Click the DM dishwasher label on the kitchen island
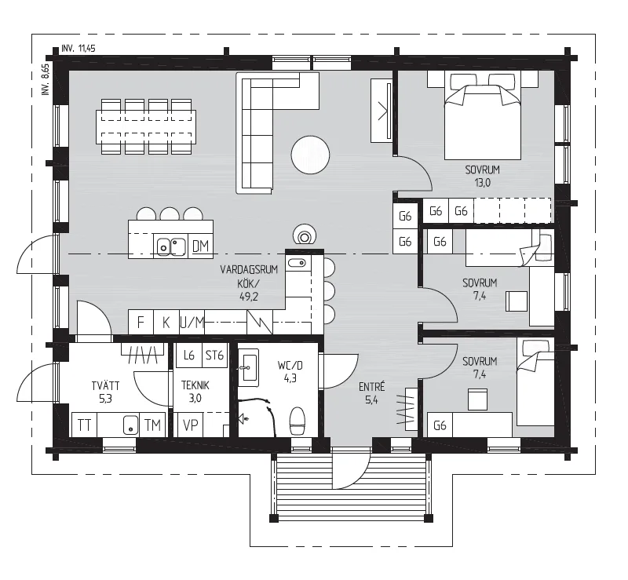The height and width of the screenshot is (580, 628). click(x=200, y=246)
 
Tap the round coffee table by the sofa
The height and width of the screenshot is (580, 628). click(x=310, y=155)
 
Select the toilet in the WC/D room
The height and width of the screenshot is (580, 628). click(x=298, y=421)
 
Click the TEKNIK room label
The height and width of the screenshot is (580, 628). click(x=195, y=385)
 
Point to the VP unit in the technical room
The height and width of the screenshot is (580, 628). click(x=190, y=425)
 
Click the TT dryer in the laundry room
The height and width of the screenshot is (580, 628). click(x=84, y=425)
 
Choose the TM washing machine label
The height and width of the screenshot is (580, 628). click(x=152, y=425)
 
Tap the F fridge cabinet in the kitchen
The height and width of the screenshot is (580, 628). click(x=141, y=322)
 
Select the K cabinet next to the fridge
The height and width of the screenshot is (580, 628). click(x=166, y=322)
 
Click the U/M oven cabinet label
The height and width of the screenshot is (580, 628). click(x=192, y=323)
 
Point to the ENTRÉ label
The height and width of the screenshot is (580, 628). click(x=371, y=387)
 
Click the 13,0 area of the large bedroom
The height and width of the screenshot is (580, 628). click(x=482, y=183)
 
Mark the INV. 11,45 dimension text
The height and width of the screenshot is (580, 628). click(x=78, y=49)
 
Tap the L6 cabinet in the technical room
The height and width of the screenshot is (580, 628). click(x=188, y=356)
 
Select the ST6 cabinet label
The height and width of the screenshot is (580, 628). click(x=214, y=356)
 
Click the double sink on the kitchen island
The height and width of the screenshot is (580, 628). click(x=171, y=246)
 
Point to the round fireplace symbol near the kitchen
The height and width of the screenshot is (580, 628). click(x=305, y=235)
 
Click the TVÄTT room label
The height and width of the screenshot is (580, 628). click(x=105, y=385)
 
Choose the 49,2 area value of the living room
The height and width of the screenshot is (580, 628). click(x=249, y=297)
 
